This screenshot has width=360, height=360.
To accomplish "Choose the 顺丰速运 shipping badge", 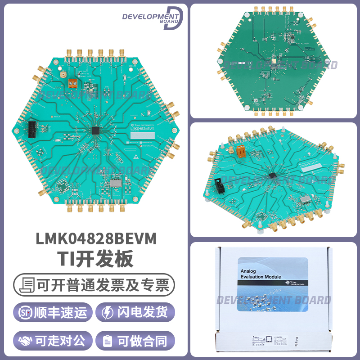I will [53, 313].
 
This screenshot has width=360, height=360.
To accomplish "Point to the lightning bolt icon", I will [108, 313].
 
